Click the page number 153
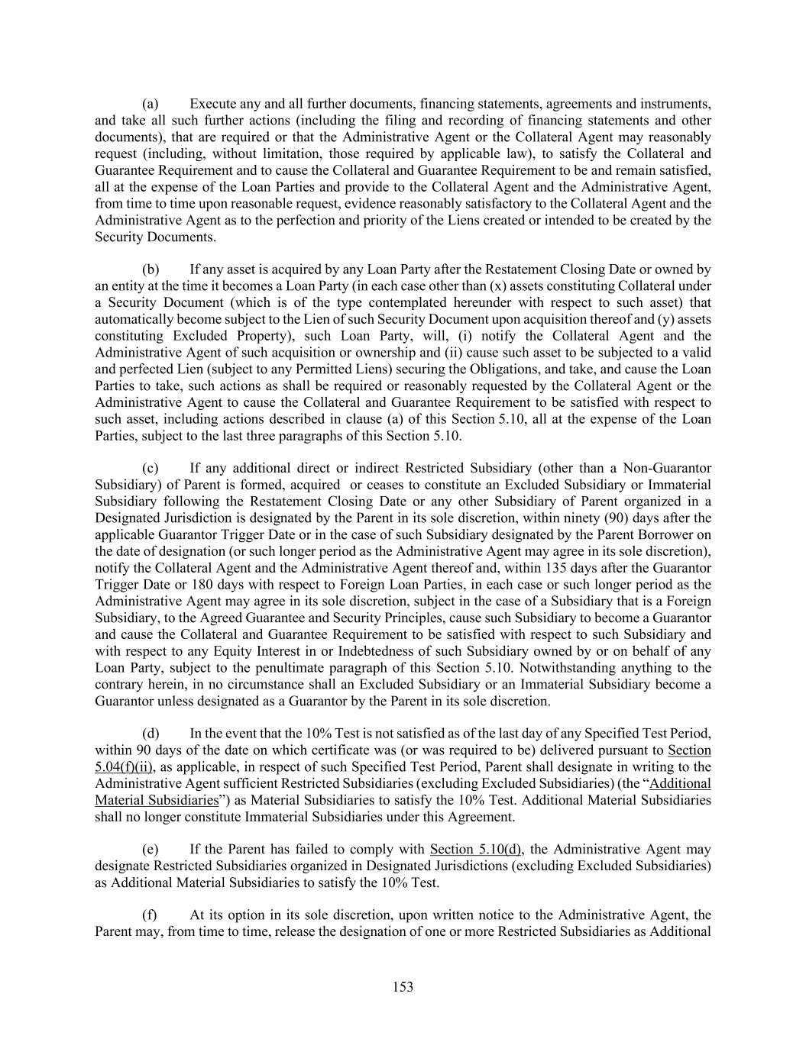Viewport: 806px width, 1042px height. click(x=403, y=987)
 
